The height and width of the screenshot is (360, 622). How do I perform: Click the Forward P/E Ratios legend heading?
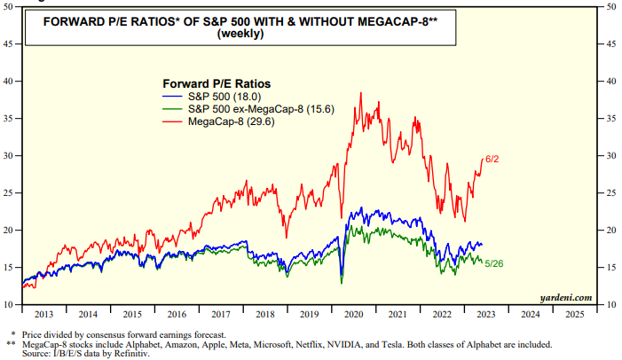point(216,82)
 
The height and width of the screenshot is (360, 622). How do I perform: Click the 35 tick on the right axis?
point(613,118)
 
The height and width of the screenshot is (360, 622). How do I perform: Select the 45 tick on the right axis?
point(613,43)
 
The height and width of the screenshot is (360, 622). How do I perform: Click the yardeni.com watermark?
point(565,299)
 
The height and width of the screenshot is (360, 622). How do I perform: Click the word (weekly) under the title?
point(229,34)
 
